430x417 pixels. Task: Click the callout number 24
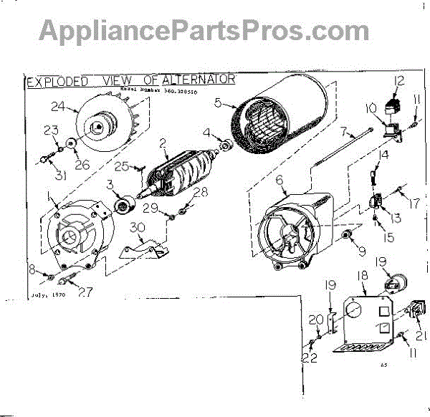tap(59, 108)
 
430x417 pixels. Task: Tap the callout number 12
tap(398, 81)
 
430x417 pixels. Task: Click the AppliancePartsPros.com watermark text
tap(204, 30)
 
